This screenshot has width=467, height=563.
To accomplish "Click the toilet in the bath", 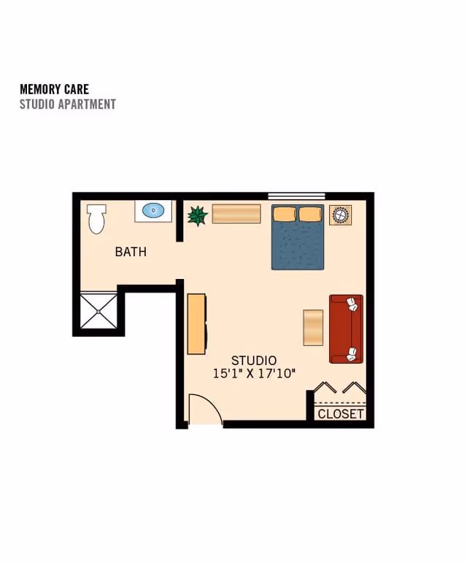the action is tap(96, 218).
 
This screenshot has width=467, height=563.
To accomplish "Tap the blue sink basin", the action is tap(153, 210).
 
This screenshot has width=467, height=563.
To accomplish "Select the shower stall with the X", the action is tap(99, 311).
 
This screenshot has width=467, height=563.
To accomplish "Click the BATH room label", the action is tap(131, 252).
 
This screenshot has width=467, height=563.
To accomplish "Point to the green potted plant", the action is tap(197, 215).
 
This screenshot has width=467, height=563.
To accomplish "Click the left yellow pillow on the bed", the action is tap(285, 215).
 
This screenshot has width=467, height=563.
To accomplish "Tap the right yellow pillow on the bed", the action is tap(310, 215).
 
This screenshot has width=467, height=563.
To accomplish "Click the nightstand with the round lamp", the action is tap(340, 215).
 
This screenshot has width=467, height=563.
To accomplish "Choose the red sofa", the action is tap(346, 329).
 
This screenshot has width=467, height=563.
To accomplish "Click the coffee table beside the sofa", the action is tap(313, 328).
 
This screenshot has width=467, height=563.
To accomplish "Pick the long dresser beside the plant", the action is tap(236, 214).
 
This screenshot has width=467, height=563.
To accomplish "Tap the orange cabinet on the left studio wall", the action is tap(196, 324).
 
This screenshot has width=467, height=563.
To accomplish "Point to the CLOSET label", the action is tap(341, 414).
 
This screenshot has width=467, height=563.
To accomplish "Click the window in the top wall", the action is tap(297, 196).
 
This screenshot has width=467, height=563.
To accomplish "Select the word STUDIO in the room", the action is tap(254, 361).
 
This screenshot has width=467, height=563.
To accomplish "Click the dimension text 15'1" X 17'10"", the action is tap(254, 373).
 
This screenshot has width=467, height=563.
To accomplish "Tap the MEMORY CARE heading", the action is tap(55, 89).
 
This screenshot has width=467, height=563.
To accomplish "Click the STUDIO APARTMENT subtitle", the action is tap(68, 104).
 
